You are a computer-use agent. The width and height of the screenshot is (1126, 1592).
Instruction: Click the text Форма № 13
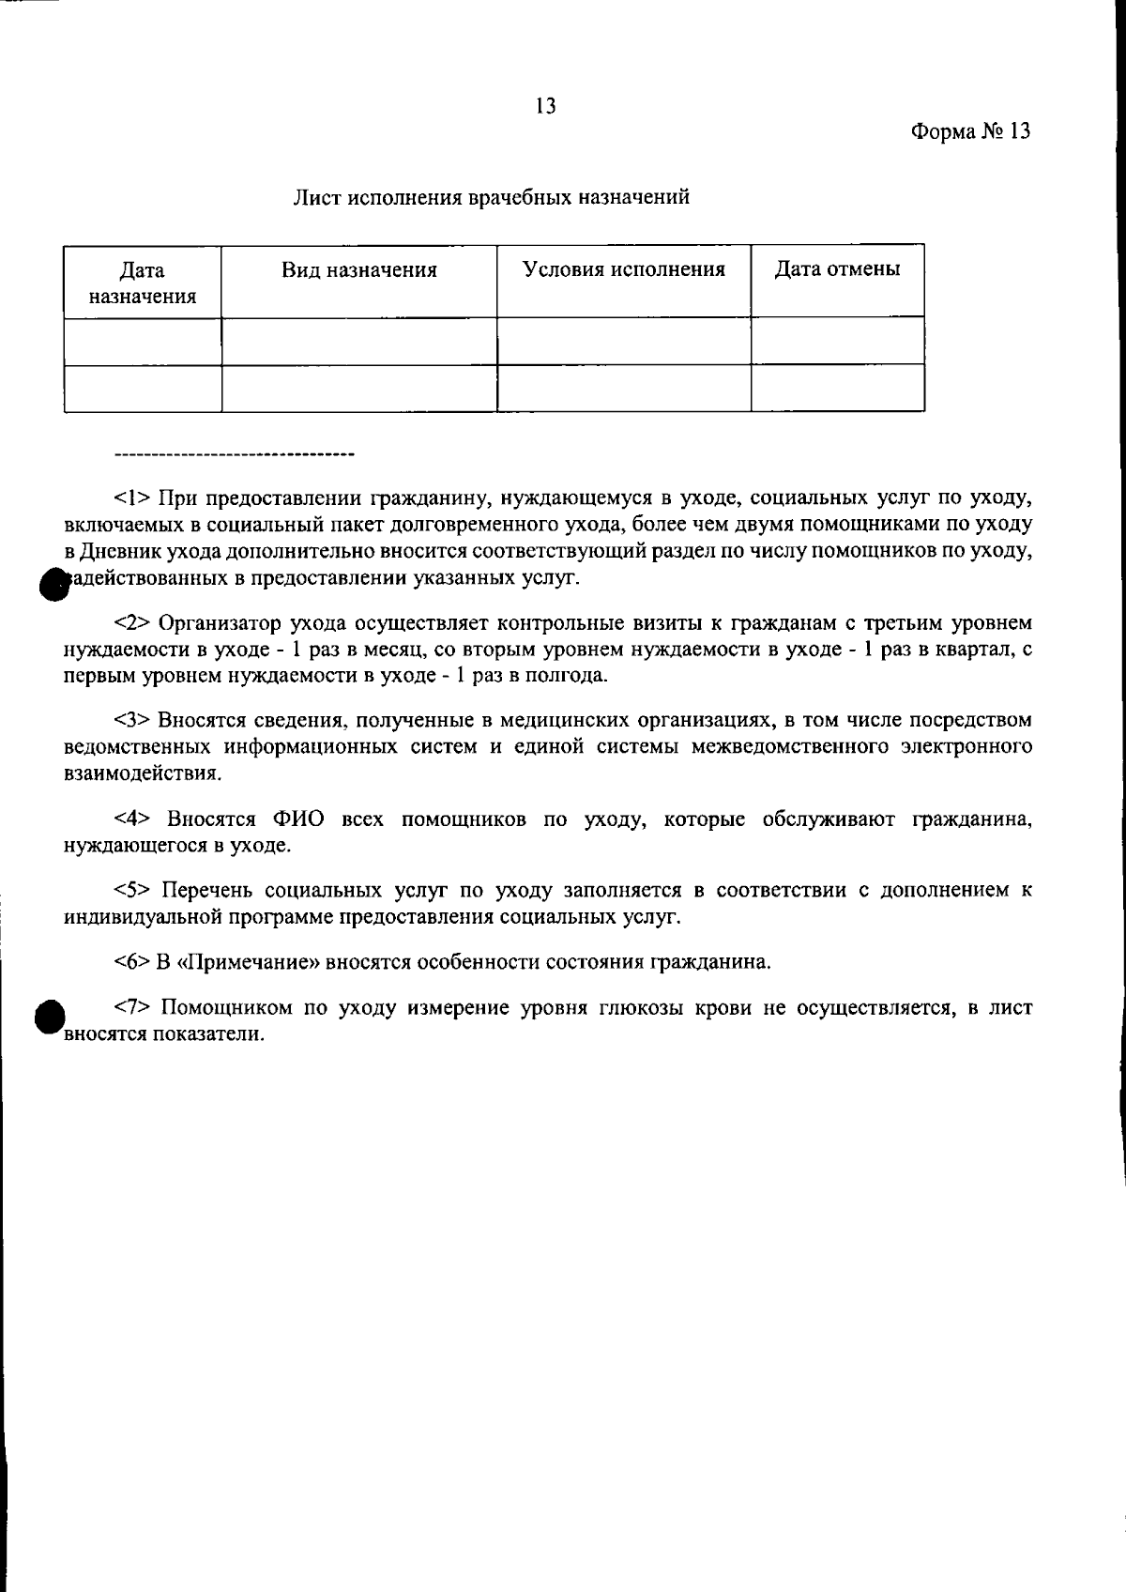click(x=970, y=131)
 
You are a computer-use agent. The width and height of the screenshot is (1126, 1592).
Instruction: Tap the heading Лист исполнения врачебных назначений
click(x=493, y=197)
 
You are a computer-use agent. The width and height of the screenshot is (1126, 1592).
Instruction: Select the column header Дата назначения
click(x=143, y=283)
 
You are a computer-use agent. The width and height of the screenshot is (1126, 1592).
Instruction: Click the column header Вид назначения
click(x=359, y=271)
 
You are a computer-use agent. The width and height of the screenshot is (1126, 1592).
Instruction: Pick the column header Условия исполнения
click(x=624, y=270)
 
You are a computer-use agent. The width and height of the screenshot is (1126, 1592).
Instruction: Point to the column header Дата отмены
click(x=837, y=270)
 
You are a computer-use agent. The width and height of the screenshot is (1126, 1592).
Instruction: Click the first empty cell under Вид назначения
click(x=359, y=341)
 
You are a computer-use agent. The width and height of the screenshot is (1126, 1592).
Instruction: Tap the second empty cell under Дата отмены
click(x=837, y=388)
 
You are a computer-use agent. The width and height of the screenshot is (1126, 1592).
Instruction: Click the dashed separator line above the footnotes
click(x=233, y=456)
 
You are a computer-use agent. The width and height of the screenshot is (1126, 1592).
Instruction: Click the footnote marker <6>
click(x=132, y=962)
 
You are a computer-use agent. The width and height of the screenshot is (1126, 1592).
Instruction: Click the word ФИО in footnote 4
click(x=298, y=819)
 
